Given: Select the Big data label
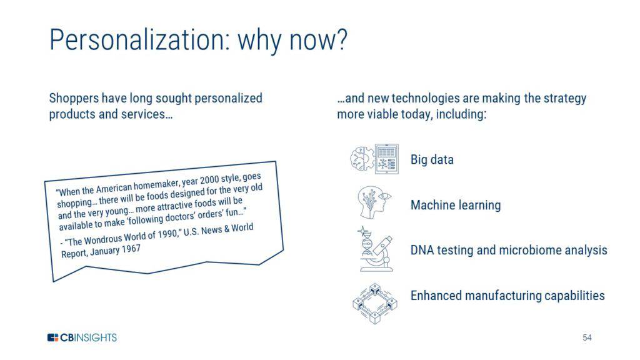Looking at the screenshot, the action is tap(432, 159).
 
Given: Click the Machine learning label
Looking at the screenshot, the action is tap(456, 205).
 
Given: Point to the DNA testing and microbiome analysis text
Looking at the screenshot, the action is tap(509, 250).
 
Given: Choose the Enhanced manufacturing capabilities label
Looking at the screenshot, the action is tap(507, 296).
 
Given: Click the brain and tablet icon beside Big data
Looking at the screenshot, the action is tap(374, 159).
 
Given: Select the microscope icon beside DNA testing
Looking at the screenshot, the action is tap(375, 249).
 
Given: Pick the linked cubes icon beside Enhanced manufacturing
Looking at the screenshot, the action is tap(375, 304).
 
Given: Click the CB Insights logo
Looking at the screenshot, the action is tap(82, 337).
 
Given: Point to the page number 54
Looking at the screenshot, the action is tap(587, 337).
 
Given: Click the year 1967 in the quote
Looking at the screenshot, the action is tap(131, 249).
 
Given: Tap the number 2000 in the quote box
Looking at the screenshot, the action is tap(209, 181).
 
